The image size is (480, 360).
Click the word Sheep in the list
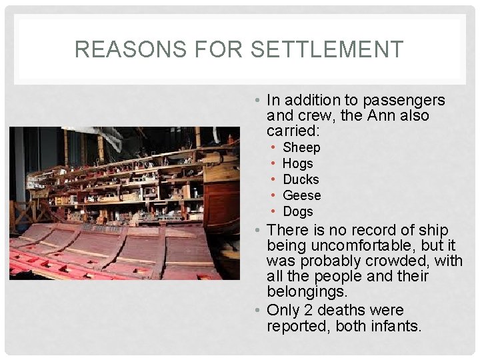301,147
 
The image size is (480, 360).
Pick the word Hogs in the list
297,163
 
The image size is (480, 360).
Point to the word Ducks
301,179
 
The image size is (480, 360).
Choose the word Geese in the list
302,195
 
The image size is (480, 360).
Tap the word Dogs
297,211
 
